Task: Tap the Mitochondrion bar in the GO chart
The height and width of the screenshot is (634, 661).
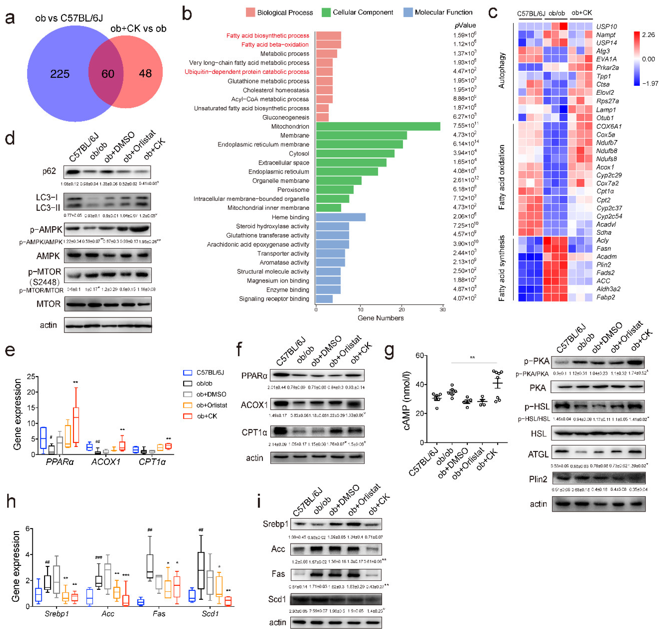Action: coord(378,126)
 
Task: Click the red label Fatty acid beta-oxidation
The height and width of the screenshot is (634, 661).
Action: coord(275,45)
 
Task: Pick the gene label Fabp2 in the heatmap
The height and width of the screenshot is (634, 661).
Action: coord(605,297)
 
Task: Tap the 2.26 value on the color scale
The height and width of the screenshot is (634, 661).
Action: coord(648,35)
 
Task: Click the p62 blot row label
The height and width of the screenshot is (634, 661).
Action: coord(49,171)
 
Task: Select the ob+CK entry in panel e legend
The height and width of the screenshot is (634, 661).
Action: coord(207,416)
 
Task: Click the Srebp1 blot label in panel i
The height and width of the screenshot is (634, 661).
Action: coord(276,524)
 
